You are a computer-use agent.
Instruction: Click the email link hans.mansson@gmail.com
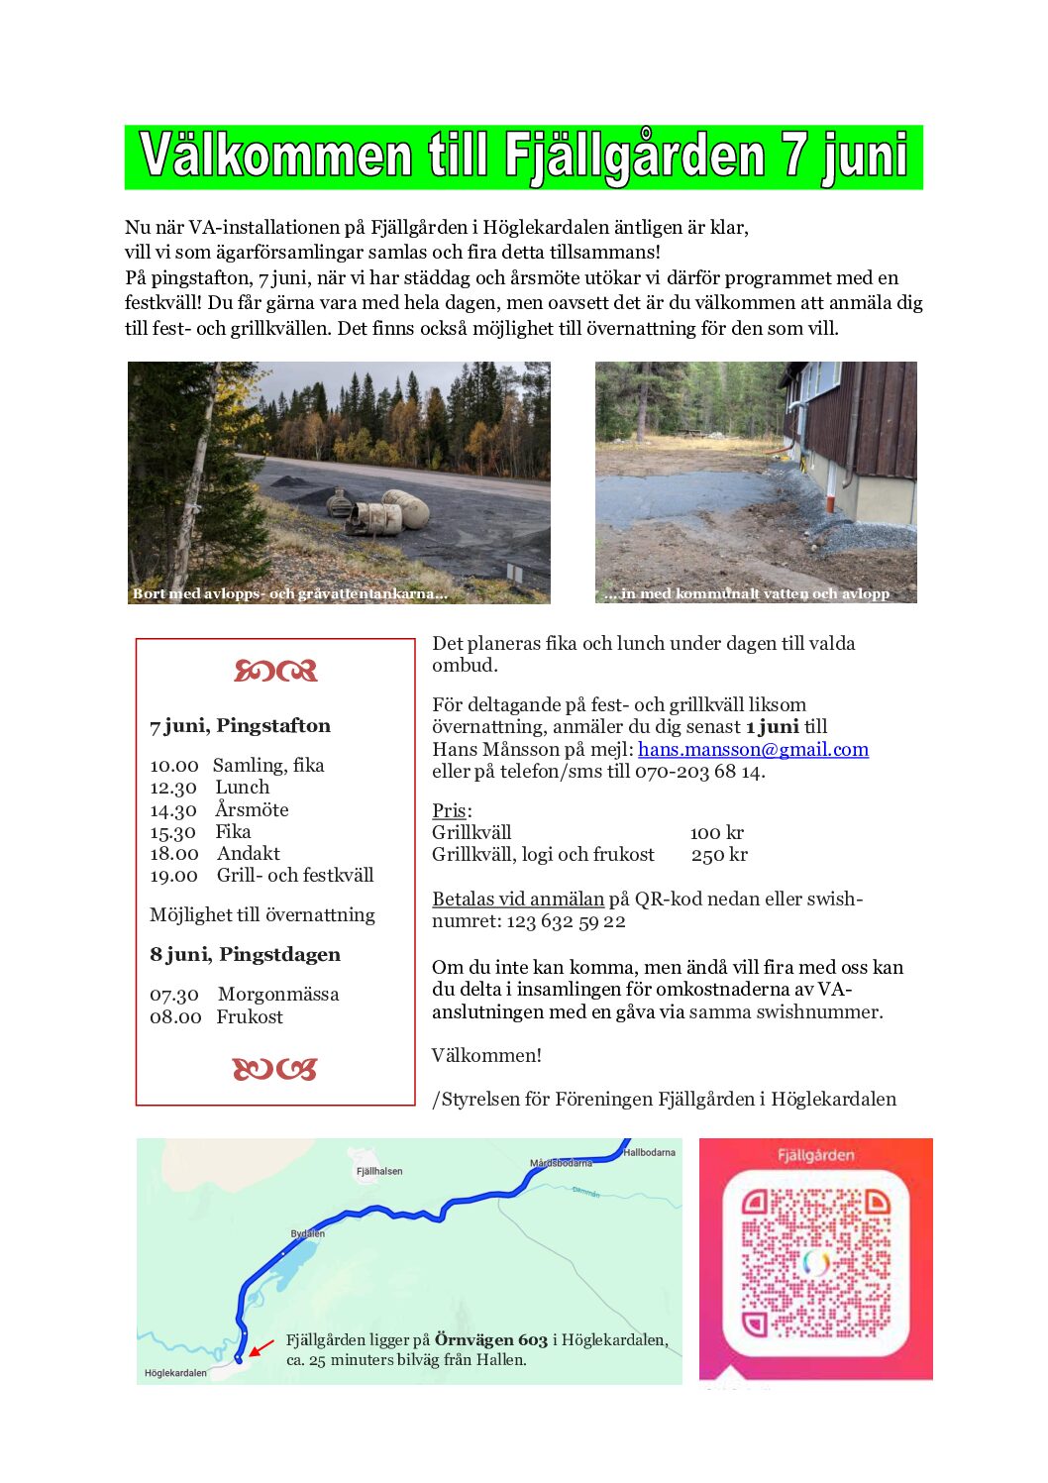click(x=753, y=750)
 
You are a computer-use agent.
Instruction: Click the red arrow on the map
click(x=261, y=1348)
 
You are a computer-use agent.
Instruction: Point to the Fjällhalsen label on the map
click(x=379, y=1171)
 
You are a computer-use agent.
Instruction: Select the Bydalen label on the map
click(x=307, y=1234)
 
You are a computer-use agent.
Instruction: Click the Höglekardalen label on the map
click(x=175, y=1373)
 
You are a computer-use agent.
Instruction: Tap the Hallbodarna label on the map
click(x=649, y=1152)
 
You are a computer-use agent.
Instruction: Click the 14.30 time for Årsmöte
click(x=173, y=810)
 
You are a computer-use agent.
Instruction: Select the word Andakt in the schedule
click(x=249, y=854)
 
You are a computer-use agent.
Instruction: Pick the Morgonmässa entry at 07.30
click(x=278, y=995)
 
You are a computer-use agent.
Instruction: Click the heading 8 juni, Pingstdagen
click(x=245, y=955)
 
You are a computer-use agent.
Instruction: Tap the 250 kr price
click(x=719, y=855)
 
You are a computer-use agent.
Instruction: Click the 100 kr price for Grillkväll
click(x=716, y=833)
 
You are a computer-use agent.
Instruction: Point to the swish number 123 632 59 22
click(x=566, y=921)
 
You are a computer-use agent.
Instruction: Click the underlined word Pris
click(x=449, y=810)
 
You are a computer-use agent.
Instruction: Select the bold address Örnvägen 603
click(x=490, y=1340)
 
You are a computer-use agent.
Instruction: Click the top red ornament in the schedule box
click(x=275, y=672)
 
